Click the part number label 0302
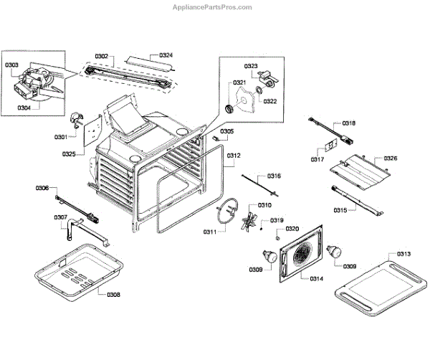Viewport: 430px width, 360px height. click(101, 55)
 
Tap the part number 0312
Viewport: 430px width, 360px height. click(234, 156)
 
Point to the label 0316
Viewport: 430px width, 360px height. click(274, 176)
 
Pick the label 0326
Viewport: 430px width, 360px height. click(391, 158)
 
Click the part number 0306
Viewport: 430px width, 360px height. click(42, 188)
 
